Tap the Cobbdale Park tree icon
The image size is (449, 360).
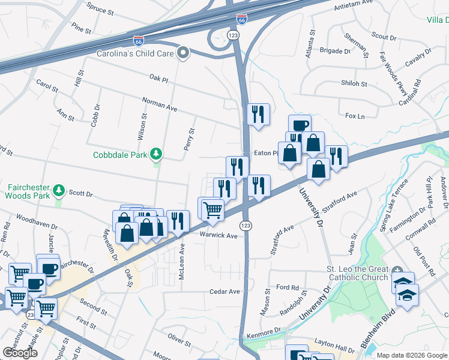pos(157,154)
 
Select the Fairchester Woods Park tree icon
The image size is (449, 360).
pos(59,190)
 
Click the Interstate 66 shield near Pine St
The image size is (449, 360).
pos(139,40)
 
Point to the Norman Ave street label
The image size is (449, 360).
pos(160,104)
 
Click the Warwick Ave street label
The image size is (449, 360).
pos(218,235)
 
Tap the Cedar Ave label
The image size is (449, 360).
pos(224,292)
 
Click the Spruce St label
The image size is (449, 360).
pos(100,8)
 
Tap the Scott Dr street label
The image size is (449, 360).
pos(80,193)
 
